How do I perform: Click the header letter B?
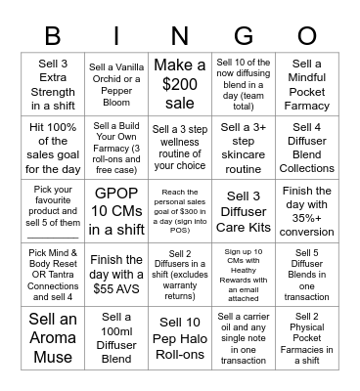(x=55, y=34)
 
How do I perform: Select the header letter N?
(x=180, y=34)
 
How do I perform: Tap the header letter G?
(x=243, y=34)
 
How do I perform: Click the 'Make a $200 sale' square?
(x=180, y=85)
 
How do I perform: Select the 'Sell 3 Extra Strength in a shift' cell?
(x=55, y=85)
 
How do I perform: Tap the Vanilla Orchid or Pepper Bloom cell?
(x=117, y=85)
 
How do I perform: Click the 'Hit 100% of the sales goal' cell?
(x=55, y=148)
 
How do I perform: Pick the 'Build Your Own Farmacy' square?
(x=117, y=148)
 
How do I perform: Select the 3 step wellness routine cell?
(x=180, y=148)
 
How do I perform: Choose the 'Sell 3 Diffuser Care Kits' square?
(x=243, y=211)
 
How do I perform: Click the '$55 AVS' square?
(x=117, y=274)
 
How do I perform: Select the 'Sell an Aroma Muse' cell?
(x=55, y=336)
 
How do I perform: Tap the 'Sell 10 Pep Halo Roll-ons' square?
(x=180, y=336)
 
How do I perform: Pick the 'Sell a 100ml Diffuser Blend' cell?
(x=117, y=336)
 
